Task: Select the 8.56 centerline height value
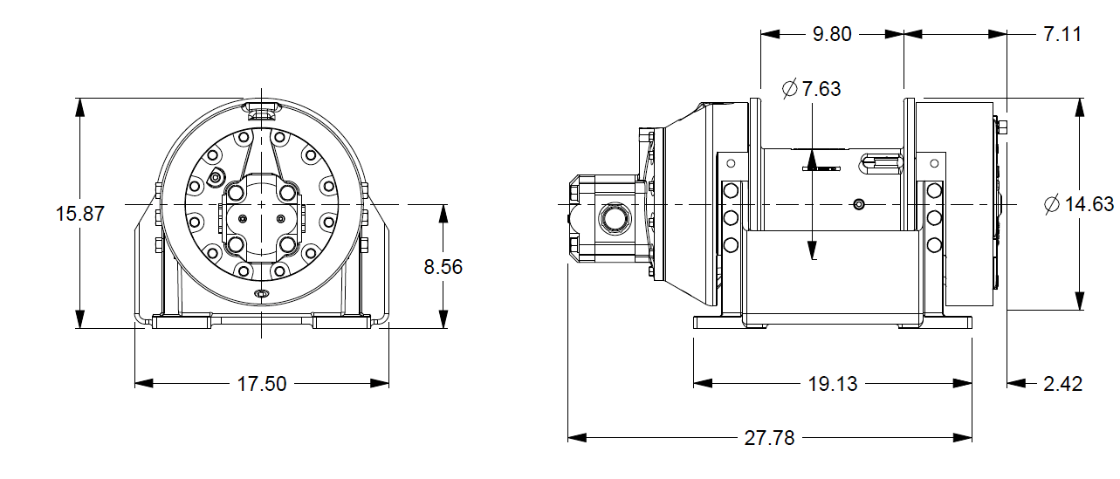[443, 267]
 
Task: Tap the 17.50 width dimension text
[262, 384]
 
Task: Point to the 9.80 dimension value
[831, 35]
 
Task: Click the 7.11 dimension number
[1062, 35]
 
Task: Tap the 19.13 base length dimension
[832, 384]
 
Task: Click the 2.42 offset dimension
[1063, 384]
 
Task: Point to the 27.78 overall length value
[769, 438]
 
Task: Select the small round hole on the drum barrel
[859, 204]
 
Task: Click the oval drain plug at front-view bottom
[262, 295]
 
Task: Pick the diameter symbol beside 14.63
[1052, 204]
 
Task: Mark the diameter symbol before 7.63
[790, 89]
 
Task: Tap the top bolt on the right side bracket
[933, 190]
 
